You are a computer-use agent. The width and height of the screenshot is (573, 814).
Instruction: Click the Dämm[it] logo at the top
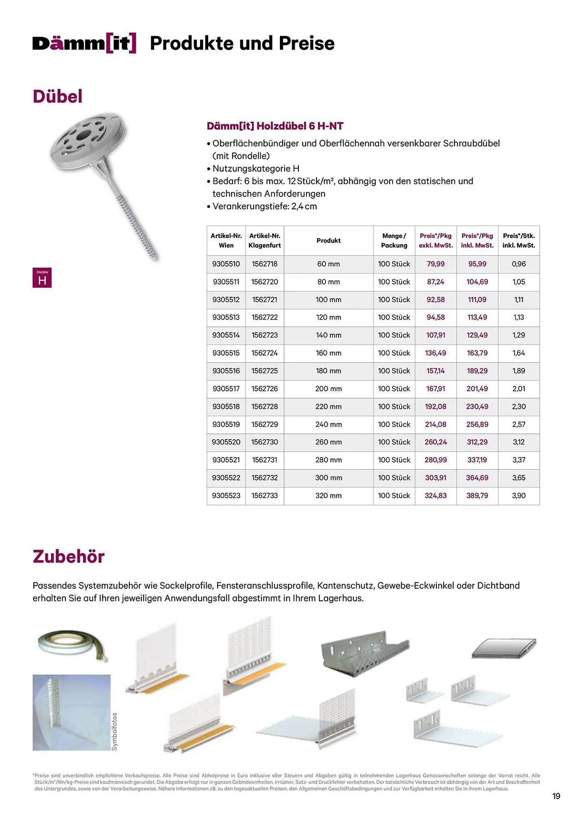pos(84,43)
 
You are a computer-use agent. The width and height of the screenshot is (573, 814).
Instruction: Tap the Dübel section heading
pos(57,96)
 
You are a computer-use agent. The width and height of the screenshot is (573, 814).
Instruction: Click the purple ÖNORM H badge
pos(42,278)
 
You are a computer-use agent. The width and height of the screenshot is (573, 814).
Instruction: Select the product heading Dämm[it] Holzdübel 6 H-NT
pos(275,126)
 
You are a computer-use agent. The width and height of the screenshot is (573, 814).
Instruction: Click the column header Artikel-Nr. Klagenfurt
pos(264,241)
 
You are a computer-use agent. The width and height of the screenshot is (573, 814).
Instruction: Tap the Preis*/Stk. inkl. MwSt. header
pos(519,241)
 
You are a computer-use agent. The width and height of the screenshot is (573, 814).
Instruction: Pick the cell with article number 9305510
pos(226,264)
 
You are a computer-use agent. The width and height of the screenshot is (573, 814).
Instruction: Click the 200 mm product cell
pos(328,389)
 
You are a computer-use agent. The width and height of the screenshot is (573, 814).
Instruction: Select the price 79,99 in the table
pos(436,264)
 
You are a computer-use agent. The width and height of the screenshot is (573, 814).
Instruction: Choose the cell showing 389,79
pos(477,496)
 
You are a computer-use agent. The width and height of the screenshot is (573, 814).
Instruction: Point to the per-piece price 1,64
pos(519,353)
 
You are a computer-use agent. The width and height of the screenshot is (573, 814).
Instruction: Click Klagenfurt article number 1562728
pos(264,407)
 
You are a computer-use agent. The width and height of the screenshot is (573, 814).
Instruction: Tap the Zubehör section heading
pos(69,556)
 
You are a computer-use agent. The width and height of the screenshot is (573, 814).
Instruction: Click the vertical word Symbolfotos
pos(114,732)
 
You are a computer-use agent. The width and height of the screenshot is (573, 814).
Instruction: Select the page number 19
pos(556,796)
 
